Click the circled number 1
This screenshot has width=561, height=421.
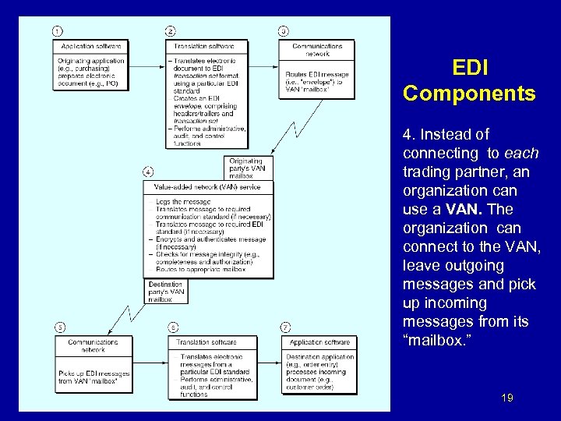pos(58,30)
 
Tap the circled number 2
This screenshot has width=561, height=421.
pos(171,30)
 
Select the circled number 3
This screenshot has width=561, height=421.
pos(283,30)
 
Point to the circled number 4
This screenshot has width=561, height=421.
pos(148,172)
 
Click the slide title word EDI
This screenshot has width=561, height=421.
pos(470,69)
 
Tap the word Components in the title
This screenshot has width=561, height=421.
pos(469,94)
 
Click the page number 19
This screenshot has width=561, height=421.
pos(507,398)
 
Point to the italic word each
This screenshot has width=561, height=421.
pos(521,153)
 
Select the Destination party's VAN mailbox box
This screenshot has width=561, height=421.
pos(166,291)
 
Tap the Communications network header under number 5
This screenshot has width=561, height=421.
pos(93,345)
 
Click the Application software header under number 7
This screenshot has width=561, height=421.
pos(319,342)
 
